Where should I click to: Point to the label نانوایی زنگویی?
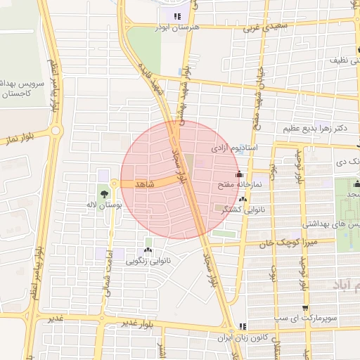[146, 261]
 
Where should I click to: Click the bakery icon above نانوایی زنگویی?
[148, 250]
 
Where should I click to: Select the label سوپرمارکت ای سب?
[319, 319]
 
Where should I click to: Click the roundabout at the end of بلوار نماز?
[56, 131]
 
